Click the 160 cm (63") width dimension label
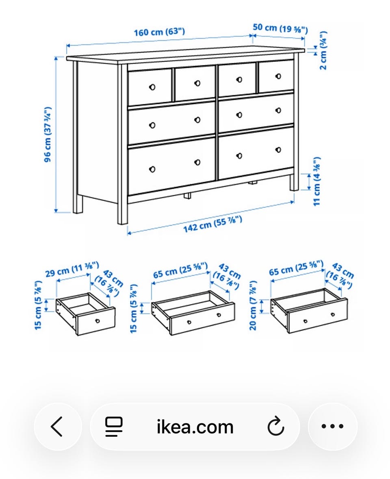(159, 32)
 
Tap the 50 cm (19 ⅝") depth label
(280, 28)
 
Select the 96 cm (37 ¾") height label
(48, 134)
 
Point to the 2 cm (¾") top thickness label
(323, 50)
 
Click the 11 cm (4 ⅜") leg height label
(316, 181)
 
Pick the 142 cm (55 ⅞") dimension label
(213, 224)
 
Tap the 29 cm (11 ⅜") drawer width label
(72, 269)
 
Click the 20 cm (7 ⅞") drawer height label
(253, 306)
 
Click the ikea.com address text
(195, 427)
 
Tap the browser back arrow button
(57, 427)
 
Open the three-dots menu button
(333, 426)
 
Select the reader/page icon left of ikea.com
(114, 427)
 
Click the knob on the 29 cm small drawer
(97, 321)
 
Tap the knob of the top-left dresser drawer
(152, 87)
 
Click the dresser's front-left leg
(123, 144)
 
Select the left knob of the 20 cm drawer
(305, 321)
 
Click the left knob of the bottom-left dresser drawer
(152, 169)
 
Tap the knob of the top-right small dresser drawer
(278, 76)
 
